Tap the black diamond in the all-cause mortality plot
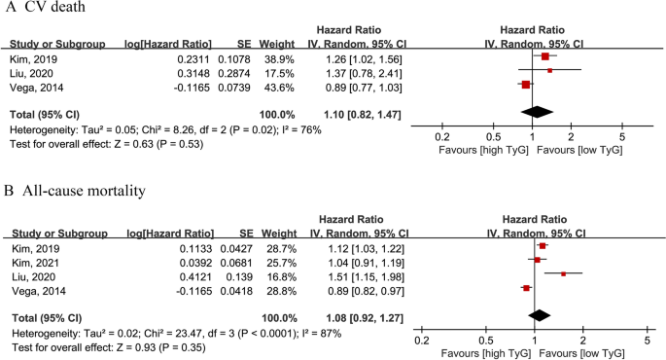click(x=538, y=316)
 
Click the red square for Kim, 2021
click(x=537, y=260)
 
